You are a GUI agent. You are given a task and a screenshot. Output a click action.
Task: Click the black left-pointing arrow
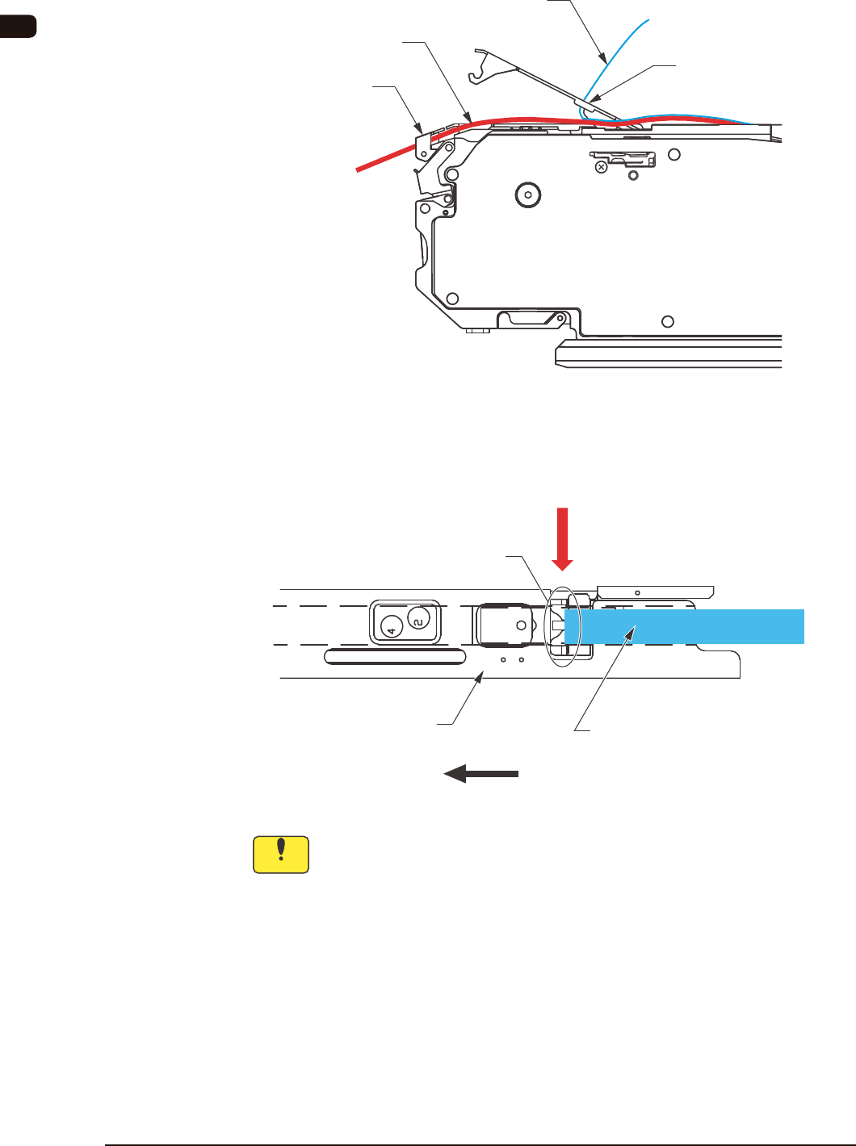point(480,774)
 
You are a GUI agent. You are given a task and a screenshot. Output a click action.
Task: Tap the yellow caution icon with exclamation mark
point(281,855)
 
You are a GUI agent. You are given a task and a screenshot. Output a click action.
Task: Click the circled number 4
point(391,626)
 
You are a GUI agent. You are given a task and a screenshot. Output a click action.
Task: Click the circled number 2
point(418,619)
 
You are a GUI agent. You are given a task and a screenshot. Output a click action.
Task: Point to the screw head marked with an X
point(601,167)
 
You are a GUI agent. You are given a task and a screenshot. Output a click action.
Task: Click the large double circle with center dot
point(527,194)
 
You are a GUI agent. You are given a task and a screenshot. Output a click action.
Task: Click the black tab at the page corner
point(18,26)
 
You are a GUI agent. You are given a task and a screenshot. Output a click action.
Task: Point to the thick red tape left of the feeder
point(388,157)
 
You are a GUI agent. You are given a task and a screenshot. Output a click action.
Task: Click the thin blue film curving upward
point(622,48)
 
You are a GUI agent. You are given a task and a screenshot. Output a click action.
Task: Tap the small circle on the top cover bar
point(637,592)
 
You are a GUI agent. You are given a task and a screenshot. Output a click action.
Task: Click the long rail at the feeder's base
point(669,353)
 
